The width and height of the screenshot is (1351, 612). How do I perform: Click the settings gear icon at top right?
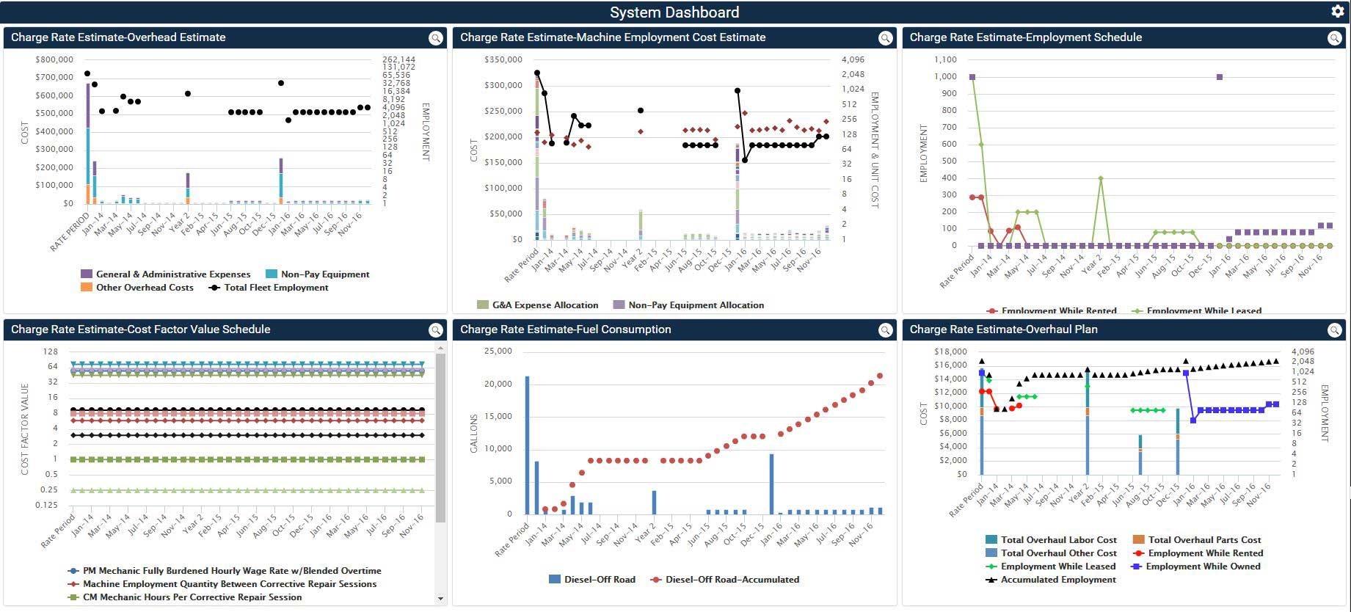pos(1337,11)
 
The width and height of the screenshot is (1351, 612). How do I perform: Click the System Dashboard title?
pos(674,12)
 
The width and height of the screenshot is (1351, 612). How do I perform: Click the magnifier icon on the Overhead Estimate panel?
pos(436,38)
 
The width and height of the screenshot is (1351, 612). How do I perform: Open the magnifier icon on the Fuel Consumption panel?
pos(885,330)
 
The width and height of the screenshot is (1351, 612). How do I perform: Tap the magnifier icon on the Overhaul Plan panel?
pos(1334,330)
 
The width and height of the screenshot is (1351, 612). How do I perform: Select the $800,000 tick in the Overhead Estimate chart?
pos(54,59)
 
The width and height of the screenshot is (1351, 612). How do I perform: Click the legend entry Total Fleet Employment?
pos(275,288)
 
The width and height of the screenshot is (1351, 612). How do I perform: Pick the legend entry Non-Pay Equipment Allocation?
pos(695,305)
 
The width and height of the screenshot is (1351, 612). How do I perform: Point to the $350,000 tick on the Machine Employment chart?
pos(503,59)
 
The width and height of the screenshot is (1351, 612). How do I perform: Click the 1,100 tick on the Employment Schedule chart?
pos(945,59)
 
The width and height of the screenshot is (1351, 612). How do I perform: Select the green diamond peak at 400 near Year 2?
pos(1100,178)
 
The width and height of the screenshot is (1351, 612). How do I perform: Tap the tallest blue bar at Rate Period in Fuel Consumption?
pos(527,444)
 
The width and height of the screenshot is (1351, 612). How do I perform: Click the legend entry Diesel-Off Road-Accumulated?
pos(732,580)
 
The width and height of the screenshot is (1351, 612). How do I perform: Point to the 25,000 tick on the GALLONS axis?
pos(498,351)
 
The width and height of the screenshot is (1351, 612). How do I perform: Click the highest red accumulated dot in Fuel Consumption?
pos(880,376)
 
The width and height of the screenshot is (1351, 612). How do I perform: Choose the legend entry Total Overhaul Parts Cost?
pos(1203,540)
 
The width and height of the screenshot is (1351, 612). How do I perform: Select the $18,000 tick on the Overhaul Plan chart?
pos(950,351)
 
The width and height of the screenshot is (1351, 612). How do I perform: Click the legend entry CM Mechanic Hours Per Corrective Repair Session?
pos(192,597)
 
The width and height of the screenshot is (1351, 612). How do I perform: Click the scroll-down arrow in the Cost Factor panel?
pos(440,599)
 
